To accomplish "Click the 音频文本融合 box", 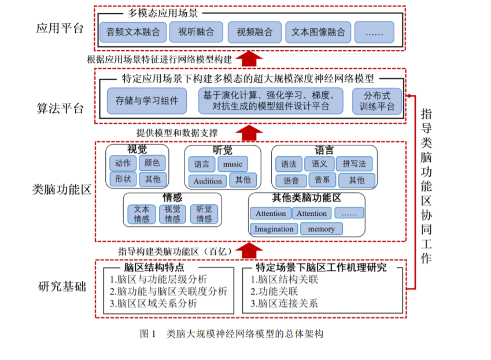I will point(133,32).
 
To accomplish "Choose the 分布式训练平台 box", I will point(377,101).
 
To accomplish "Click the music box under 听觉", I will point(232,164).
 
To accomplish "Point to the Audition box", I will point(208,181).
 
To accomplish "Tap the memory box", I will point(321,229).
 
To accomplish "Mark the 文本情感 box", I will point(142,214).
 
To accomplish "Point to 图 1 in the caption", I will point(149,334).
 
